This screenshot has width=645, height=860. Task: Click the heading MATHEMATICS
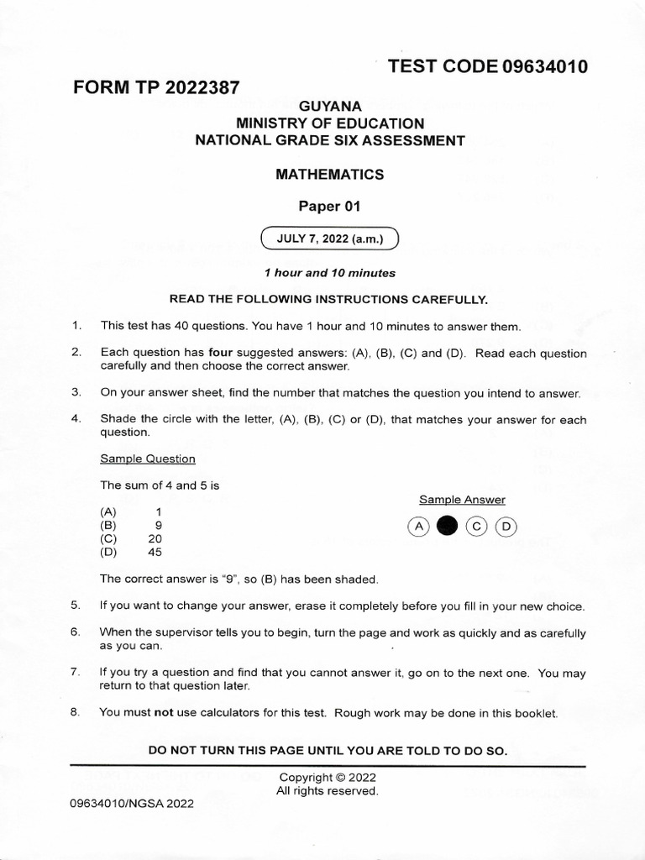tap(329, 175)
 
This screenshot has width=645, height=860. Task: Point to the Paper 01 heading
tap(329, 207)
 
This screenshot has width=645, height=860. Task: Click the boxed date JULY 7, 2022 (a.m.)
tap(329, 239)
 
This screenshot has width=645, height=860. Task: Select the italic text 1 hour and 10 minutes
tap(329, 273)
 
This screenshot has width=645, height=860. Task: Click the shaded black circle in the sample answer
tap(448, 527)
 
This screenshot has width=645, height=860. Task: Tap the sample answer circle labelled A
tap(417, 527)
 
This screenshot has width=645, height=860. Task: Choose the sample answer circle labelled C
tap(476, 527)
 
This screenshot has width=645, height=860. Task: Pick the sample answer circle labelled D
tap(506, 527)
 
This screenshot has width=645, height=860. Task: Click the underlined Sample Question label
tap(148, 459)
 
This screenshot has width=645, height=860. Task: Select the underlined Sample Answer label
tap(462, 499)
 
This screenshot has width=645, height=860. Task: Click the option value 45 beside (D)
tap(154, 552)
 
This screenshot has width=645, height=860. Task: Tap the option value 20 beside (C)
tap(154, 538)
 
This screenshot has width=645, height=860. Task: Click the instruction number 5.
tap(75, 606)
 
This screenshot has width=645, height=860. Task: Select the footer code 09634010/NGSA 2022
tap(132, 803)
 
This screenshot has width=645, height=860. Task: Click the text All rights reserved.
tap(328, 791)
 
